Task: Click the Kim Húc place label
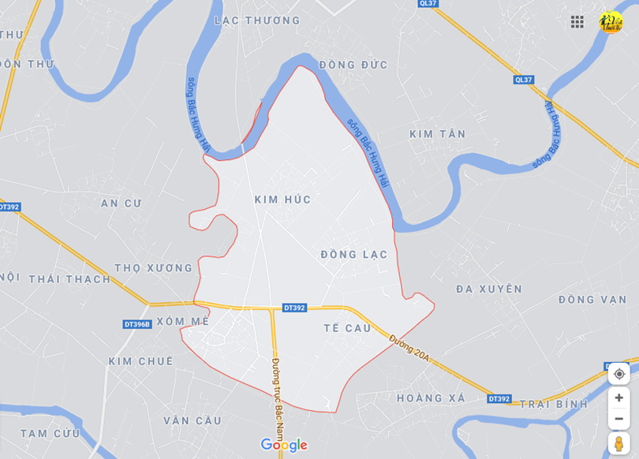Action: pos(282,200)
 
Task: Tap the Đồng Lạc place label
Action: pos(354,255)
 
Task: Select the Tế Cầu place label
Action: pos(347,328)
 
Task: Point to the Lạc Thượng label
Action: pos(257,21)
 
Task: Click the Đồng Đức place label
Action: pos(353,65)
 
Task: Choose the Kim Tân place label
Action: pos(438,134)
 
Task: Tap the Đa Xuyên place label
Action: pos(489,289)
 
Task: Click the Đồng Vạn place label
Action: pos(592,300)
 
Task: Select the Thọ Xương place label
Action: pos(154,268)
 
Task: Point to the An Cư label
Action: pos(121,203)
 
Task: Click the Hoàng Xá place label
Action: pos(431,398)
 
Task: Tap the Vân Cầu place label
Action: pos(192,420)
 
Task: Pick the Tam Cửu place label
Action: pos(50,433)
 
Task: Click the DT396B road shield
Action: pos(137,324)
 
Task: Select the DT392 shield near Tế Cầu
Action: pos(294,308)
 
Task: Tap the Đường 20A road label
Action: pos(409,348)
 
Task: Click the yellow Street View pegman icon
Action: pos(618,443)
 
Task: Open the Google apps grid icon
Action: pos(577,22)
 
